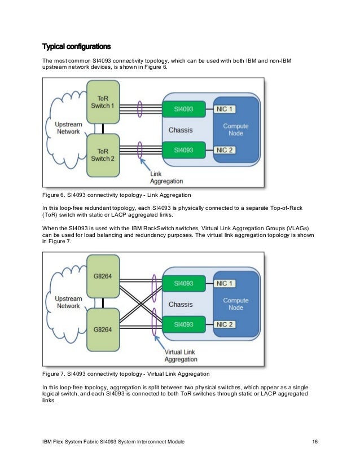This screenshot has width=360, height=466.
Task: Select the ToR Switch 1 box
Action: coord(103,103)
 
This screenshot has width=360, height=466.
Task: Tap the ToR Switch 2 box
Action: coord(103,154)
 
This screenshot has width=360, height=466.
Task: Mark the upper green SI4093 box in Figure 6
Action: coord(183,108)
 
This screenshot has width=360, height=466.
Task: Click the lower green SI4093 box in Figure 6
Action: coord(183,150)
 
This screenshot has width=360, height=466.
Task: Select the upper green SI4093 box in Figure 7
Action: coord(183,283)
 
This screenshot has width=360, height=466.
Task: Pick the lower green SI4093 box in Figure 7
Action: coord(183,324)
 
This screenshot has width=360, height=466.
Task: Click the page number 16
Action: coord(315,441)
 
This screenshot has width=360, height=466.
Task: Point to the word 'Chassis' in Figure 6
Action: coord(181,130)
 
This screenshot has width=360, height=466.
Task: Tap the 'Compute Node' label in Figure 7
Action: coord(236,304)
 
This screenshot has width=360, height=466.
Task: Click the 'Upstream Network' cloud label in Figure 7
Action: coord(68,302)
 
